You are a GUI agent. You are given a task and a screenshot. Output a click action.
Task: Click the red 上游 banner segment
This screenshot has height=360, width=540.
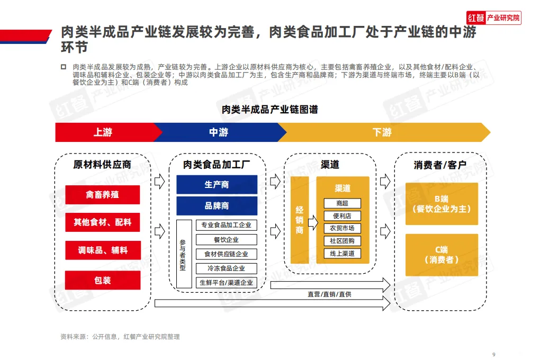click(103, 132)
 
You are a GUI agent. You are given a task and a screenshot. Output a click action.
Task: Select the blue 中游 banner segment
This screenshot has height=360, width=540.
click(218, 132)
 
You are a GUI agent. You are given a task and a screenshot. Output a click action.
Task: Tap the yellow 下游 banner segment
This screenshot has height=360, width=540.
click(382, 132)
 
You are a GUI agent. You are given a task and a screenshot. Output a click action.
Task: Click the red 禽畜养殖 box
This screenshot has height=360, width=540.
click(103, 195)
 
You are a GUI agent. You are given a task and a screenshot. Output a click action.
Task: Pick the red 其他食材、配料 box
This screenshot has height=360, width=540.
click(103, 222)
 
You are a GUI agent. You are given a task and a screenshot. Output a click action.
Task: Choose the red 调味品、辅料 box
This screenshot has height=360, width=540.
click(103, 250)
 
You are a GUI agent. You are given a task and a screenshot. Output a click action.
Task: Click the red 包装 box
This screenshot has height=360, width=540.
click(103, 280)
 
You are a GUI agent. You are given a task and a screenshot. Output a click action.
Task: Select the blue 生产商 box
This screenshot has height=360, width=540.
click(217, 185)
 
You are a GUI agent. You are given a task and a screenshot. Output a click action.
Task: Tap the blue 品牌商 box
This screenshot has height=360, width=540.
click(217, 206)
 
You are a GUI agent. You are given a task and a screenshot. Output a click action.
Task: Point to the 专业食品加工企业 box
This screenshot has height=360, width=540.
click(226, 225)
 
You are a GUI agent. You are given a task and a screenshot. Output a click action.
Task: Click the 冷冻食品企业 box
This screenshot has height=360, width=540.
click(226, 268)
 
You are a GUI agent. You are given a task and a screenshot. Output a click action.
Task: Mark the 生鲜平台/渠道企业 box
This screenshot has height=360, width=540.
click(226, 283)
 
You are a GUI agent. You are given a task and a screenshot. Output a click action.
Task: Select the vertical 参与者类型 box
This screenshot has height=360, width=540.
click(183, 254)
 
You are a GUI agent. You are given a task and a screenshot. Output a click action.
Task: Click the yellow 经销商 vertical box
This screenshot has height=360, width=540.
click(300, 220)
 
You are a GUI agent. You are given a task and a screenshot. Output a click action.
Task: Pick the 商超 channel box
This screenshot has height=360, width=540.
click(342, 203)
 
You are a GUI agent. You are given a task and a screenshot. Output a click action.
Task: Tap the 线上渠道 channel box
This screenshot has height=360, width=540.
click(342, 254)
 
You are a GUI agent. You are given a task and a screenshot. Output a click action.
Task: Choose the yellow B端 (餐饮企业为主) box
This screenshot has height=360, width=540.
click(442, 204)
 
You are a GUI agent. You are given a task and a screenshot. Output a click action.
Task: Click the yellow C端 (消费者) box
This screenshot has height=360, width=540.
click(442, 255)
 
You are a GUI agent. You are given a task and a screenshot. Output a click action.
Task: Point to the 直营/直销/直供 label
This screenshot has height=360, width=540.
click(329, 294)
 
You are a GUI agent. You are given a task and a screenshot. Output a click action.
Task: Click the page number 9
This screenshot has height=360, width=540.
click(493, 354)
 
